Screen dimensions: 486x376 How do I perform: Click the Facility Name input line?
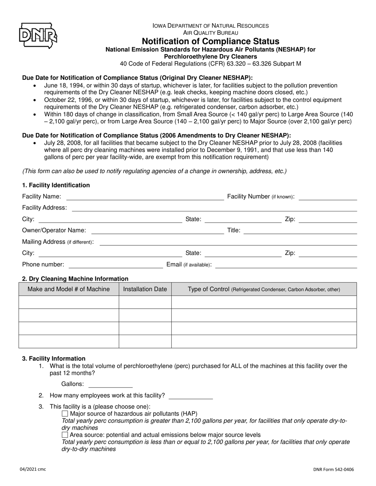click(x=144, y=197)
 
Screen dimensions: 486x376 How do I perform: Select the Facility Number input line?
click(x=327, y=197)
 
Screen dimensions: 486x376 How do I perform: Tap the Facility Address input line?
click(x=214, y=208)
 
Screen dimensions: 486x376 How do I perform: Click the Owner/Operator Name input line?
click(x=157, y=231)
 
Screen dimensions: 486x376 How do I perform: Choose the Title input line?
click(x=300, y=231)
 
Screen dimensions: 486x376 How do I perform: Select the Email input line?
click(x=285, y=265)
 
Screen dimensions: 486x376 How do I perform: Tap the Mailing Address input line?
click(x=228, y=242)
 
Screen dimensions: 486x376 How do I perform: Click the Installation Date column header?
click(x=145, y=289)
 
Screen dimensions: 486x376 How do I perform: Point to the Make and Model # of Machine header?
click(x=68, y=289)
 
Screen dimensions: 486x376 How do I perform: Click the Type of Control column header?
click(x=264, y=289)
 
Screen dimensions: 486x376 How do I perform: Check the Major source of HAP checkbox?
click(x=65, y=414)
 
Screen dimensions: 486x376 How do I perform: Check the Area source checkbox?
click(x=65, y=435)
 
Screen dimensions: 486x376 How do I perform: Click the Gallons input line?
click(x=110, y=384)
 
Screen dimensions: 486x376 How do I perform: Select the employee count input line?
click(x=190, y=396)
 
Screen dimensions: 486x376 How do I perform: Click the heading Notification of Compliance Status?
click(x=210, y=41)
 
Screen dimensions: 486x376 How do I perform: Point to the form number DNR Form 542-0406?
click(x=334, y=470)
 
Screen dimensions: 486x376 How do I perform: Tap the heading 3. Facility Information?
click(x=53, y=358)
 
